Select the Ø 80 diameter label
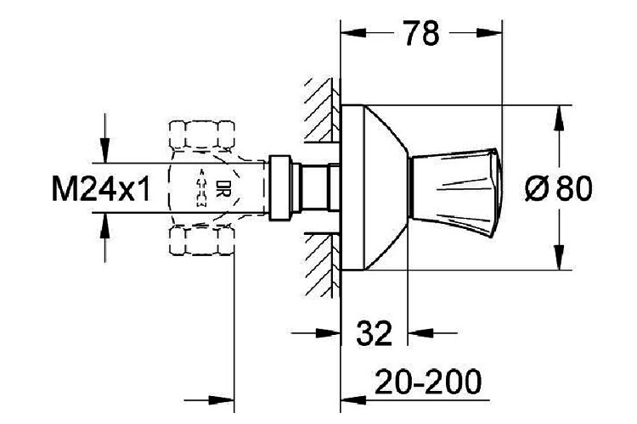557,188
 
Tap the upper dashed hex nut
201,134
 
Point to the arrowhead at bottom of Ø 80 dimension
558,259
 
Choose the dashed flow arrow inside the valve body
201,188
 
